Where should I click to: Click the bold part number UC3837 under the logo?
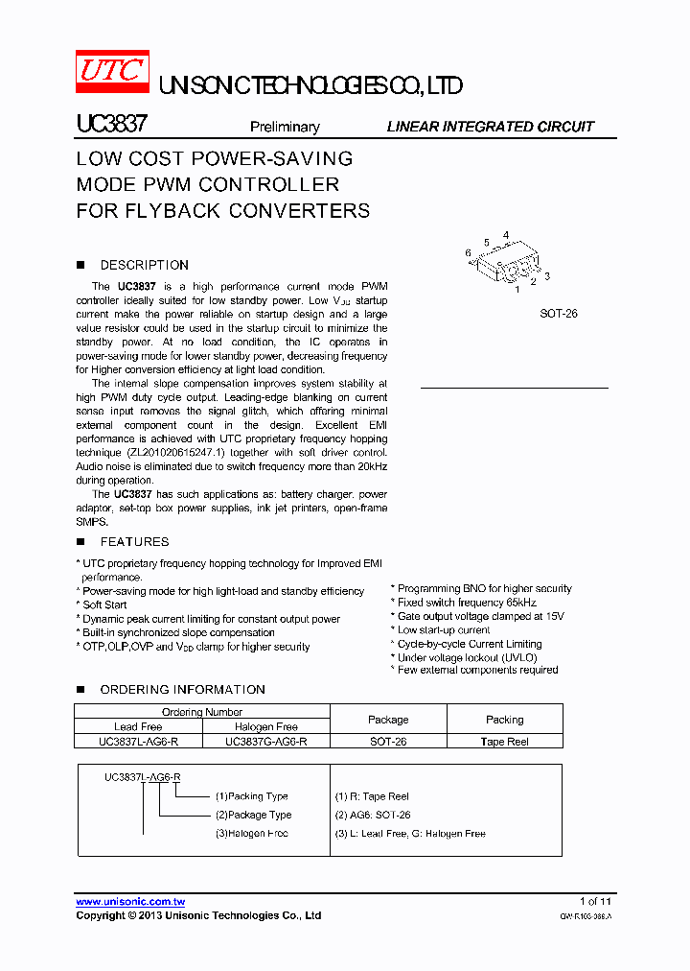[x=111, y=126]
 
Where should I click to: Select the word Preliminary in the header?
[x=285, y=127]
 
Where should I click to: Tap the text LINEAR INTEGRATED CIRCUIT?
[x=490, y=127]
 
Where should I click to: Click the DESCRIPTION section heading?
[x=144, y=265]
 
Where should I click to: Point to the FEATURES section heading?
[x=134, y=542]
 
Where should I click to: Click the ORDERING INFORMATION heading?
[x=182, y=690]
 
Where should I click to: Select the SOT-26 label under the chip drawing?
[x=559, y=314]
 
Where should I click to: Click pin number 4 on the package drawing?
[x=505, y=234]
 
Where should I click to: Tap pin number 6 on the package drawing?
[x=468, y=253]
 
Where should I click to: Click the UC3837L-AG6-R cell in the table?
[x=138, y=742]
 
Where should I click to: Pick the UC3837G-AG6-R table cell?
[x=266, y=742]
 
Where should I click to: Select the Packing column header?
[x=505, y=720]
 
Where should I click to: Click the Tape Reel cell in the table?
[x=505, y=742]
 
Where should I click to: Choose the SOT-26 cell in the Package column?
[x=388, y=742]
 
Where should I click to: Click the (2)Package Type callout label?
[x=253, y=815]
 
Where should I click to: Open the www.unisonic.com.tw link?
[x=130, y=902]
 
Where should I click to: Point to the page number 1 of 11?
[x=595, y=902]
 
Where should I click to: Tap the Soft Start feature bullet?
[x=103, y=605]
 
